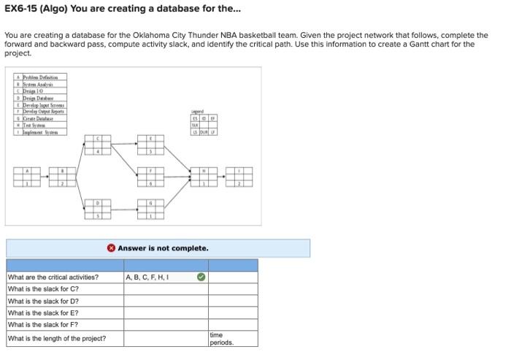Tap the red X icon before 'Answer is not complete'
coord(111,248)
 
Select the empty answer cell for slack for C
coord(166,289)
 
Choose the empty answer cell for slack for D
coord(166,301)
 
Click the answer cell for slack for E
coord(166,313)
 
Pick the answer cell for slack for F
coord(166,324)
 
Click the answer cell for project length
coord(166,338)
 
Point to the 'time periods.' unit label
coord(222,338)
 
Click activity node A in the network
coord(30,177)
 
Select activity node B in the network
coord(62,177)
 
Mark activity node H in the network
coord(204,177)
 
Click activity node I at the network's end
coord(239,177)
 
